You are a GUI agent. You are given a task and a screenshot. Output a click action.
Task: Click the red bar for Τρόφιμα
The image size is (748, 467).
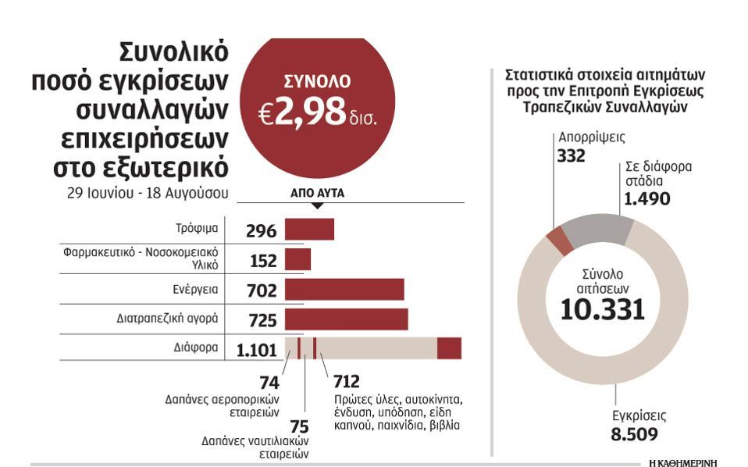pos(309,229)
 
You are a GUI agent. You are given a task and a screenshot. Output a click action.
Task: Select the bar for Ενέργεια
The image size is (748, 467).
pos(344,290)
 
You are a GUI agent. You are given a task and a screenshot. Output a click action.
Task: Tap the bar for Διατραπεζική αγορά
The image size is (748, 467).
pos(346,319)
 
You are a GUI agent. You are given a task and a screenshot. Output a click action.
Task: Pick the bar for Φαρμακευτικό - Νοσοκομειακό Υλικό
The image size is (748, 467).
pos(297,259)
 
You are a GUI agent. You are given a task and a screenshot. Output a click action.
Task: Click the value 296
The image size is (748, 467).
pos(261,231)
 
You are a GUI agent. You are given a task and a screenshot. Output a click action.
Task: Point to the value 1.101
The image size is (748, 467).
pos(257,351)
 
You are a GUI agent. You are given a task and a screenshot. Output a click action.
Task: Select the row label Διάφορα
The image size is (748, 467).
pos(197,348)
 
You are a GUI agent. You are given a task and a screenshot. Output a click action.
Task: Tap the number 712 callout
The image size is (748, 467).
pos(346,382)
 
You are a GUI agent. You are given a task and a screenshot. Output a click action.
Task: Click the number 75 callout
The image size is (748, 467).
pos(299,426)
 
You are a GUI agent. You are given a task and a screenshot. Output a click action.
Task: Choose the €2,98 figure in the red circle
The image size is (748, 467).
pos(303,113)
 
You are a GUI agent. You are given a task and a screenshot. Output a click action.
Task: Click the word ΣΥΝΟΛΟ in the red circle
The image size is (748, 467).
pos(316,80)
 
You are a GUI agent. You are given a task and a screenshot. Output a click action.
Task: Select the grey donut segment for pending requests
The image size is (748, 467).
pos(597,227)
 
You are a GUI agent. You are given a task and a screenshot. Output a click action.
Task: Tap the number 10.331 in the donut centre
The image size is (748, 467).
pos(603,308)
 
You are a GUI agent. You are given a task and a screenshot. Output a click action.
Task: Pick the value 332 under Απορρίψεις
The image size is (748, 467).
pos(571,155)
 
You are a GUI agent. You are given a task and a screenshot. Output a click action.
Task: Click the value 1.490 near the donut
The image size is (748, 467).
pos(646,199)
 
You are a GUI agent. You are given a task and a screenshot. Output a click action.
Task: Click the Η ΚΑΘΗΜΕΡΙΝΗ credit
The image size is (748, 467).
pos(682,462)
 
